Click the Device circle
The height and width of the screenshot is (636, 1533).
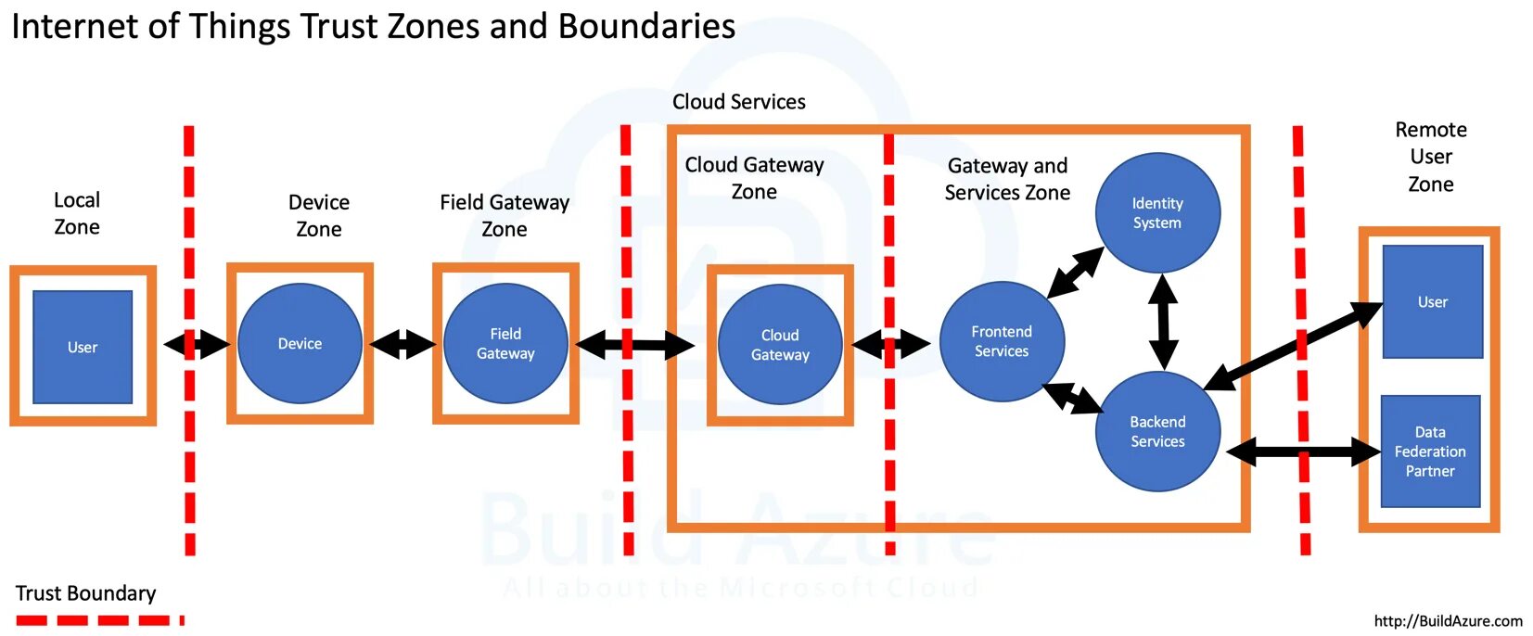point(300,343)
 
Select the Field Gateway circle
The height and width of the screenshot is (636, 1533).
point(505,343)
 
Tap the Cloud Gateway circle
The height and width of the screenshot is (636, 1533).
point(780,345)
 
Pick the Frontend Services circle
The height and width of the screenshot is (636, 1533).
point(1002,341)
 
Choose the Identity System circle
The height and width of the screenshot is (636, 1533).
point(1158,212)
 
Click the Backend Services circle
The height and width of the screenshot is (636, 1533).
point(1158,431)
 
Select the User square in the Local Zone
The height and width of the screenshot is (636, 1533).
point(83,347)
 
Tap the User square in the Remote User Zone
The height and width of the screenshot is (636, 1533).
point(1433,301)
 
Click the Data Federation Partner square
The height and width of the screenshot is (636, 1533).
point(1430,452)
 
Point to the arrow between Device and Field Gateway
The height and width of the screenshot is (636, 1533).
point(403,344)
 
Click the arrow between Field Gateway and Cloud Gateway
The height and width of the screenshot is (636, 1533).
point(635,345)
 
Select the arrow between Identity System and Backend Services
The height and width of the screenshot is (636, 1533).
point(1164,322)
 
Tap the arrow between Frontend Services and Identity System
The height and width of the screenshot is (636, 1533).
point(1076,273)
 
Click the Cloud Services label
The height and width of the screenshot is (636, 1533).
point(739,102)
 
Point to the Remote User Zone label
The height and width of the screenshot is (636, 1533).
point(1431,157)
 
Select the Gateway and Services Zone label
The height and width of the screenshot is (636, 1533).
point(1007,179)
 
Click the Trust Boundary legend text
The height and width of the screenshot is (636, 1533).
point(85,593)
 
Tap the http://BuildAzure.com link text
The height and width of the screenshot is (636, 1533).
point(1448,621)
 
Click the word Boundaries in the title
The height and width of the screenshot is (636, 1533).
point(646,26)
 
